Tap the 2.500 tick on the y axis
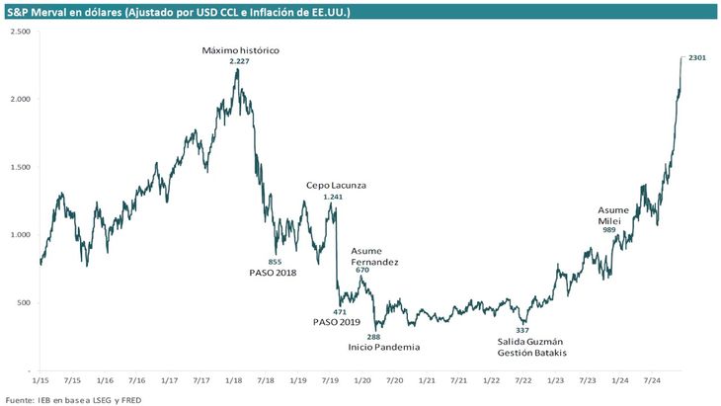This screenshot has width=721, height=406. pos(21,32)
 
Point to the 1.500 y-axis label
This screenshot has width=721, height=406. pos(21,167)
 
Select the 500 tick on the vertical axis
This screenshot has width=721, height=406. pos(25,302)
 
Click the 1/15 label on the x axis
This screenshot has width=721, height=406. pos(41,379)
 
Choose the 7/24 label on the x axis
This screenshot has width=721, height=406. pos(651,379)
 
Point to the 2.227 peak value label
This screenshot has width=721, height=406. pos(238,61)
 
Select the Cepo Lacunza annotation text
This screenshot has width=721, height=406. pos(335,185)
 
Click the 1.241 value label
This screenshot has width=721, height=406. pos(334,197)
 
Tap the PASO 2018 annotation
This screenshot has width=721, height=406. pos(274,273)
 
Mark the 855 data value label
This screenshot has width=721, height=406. pos(276,261)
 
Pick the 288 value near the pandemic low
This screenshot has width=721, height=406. pos(373,337)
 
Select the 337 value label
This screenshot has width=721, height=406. pos(522,330)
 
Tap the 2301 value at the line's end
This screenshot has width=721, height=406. pos(696,58)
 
